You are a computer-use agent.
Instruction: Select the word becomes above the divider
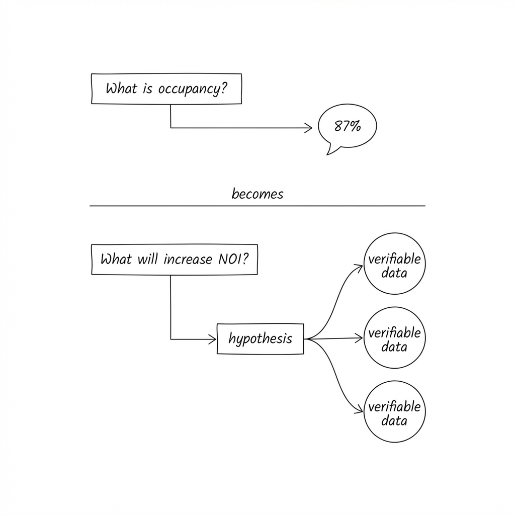coord(257,194)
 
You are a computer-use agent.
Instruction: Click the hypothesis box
coord(261,339)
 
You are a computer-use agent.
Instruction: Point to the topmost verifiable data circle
coord(394,264)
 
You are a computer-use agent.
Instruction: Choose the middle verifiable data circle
coord(394,338)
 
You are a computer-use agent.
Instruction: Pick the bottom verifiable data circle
coord(394,412)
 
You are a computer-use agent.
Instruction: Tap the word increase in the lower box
coord(187,260)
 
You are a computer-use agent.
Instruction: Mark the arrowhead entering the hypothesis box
coord(213,339)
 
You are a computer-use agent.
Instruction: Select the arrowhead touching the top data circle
coord(359,267)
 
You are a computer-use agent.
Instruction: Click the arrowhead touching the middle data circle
coord(360,338)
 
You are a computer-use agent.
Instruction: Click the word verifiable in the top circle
coord(394,259)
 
